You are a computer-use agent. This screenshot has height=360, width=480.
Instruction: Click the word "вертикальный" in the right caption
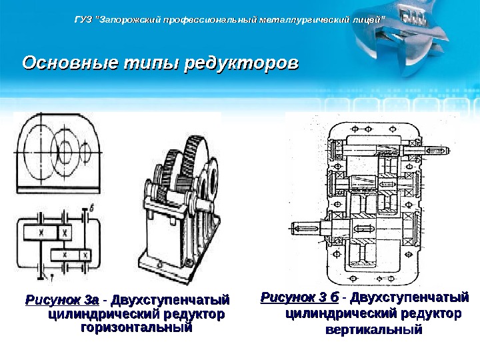coord(373,329)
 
